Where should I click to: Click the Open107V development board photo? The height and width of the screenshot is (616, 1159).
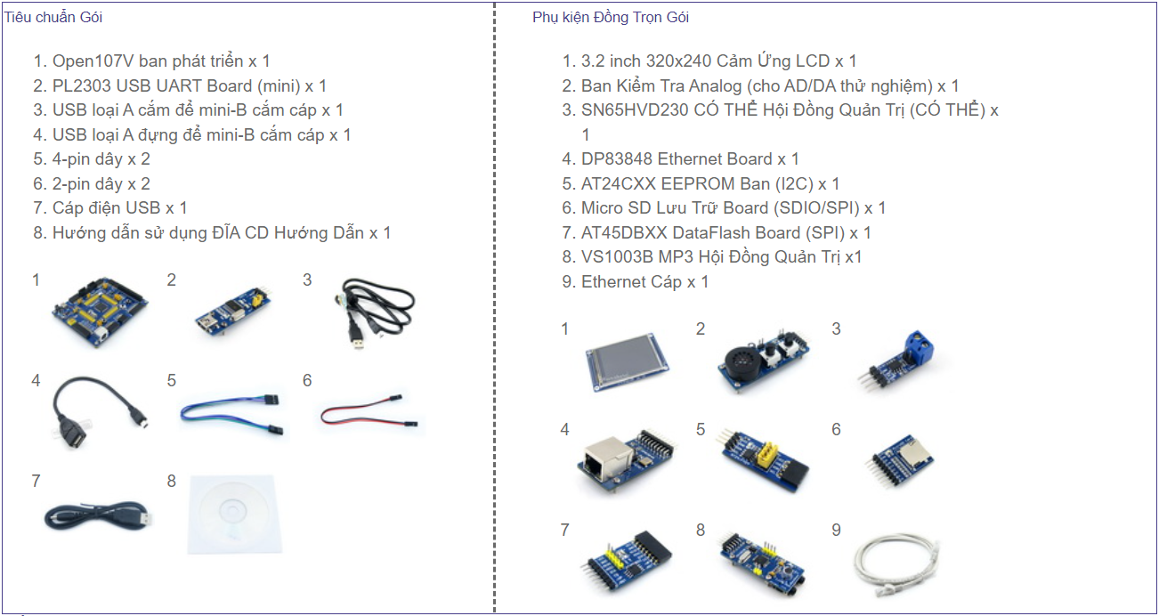coord(100,311)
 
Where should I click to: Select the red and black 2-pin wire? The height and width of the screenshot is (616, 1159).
coord(369,411)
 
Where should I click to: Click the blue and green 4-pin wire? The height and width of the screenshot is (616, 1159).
coord(231,414)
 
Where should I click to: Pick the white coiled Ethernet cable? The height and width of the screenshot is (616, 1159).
coord(896,566)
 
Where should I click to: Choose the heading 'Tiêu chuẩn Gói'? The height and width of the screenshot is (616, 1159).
coord(53,17)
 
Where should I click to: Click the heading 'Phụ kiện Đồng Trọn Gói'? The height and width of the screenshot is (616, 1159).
coord(611,17)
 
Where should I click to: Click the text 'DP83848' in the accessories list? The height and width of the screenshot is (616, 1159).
coord(617,159)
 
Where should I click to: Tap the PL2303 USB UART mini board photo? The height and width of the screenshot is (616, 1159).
coord(234,312)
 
